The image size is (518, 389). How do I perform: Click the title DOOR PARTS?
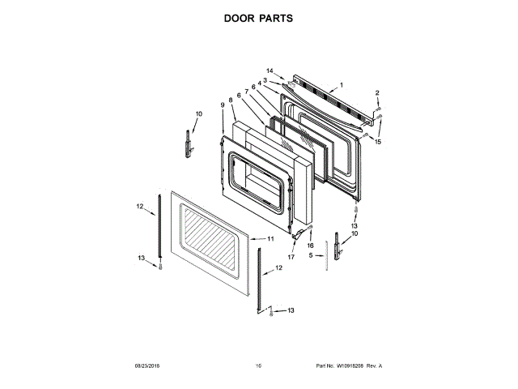(x=259, y=17)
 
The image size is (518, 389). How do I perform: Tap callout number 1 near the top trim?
(x=342, y=85)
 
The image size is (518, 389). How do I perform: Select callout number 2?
(x=377, y=93)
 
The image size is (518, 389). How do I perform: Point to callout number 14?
(x=270, y=71)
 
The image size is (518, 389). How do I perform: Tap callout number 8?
(x=231, y=100)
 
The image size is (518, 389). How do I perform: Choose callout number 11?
(x=271, y=239)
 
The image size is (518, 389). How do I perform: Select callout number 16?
(x=309, y=244)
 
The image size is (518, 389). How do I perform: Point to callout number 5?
(x=311, y=255)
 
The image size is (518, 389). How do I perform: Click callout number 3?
(x=265, y=79)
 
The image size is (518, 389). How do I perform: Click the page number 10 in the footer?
(x=259, y=366)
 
